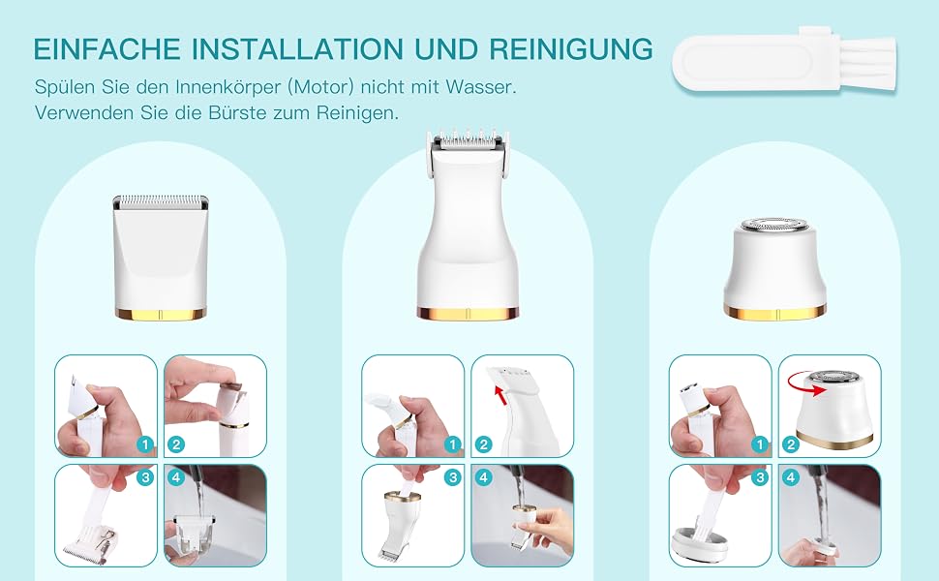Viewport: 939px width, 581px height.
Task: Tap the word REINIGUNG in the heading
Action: click(x=571, y=47)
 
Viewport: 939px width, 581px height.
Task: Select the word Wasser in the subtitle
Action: click(x=480, y=87)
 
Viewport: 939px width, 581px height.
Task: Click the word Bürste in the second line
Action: click(x=237, y=112)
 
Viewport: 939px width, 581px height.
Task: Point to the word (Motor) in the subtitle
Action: click(x=321, y=87)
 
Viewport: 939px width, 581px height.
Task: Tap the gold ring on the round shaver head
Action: click(x=774, y=312)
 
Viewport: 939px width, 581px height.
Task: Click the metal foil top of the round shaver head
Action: click(x=774, y=226)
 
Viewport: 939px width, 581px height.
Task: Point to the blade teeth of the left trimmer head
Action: click(x=161, y=199)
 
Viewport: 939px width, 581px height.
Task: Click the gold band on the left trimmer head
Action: click(x=161, y=314)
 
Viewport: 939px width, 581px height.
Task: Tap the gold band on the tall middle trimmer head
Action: click(x=468, y=314)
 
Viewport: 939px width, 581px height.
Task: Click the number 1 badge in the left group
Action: click(x=145, y=444)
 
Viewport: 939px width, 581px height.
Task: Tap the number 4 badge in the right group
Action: click(x=791, y=477)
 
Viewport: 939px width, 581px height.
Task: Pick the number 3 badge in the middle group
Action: click(x=452, y=477)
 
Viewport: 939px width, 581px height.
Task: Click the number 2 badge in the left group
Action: click(x=175, y=444)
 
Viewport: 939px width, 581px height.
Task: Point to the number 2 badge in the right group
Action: click(x=791, y=444)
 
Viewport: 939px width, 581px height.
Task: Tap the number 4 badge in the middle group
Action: click(x=483, y=477)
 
